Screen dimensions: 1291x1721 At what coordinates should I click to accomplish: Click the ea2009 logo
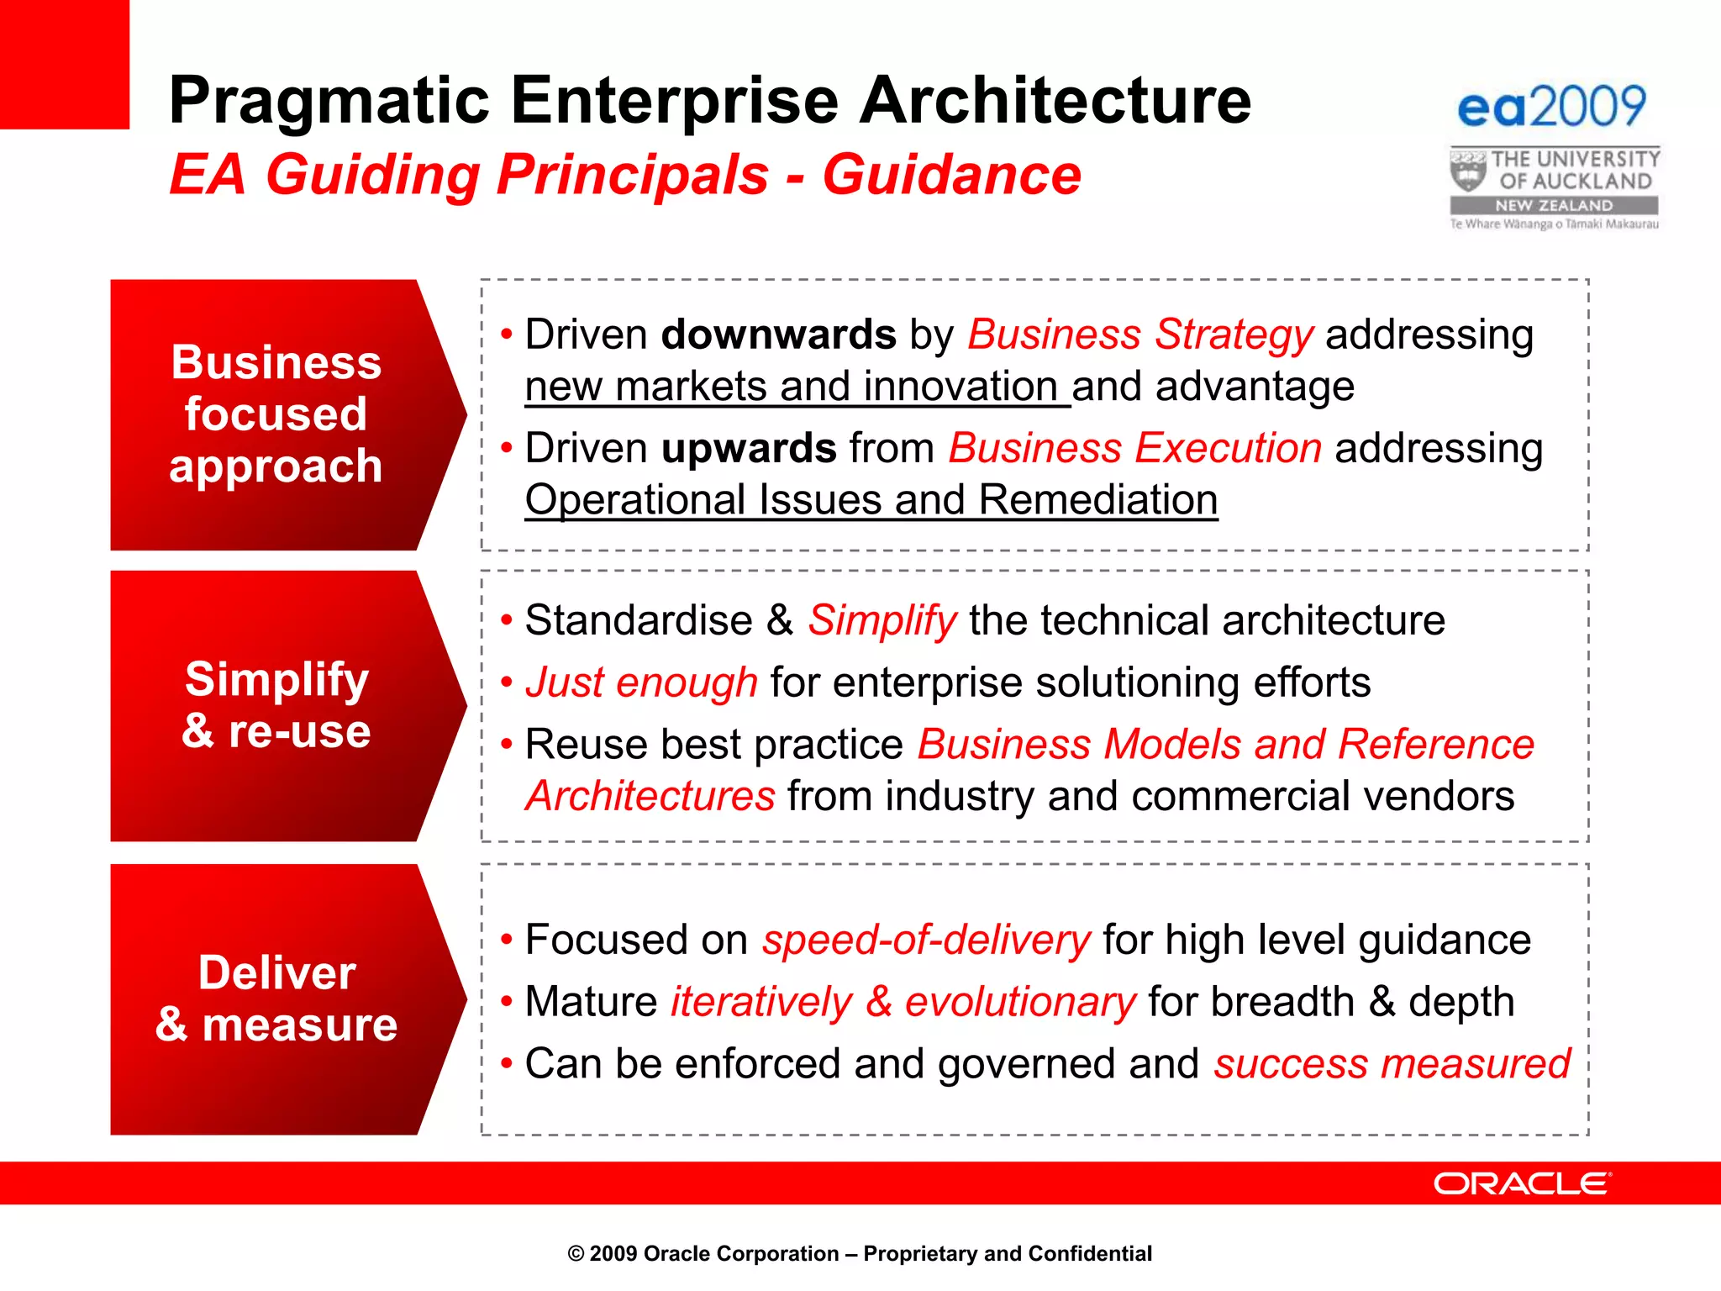[x=1551, y=107]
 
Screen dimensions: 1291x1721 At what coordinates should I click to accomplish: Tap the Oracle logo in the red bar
[x=1522, y=1183]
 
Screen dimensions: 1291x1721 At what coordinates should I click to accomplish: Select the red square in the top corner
[x=64, y=64]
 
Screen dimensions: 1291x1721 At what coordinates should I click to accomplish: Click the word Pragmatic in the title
[x=329, y=101]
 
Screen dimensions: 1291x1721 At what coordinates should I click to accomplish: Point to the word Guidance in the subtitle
[x=951, y=176]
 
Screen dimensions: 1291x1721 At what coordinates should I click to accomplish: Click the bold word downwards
[x=778, y=335]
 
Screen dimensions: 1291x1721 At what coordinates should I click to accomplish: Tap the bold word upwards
[x=748, y=448]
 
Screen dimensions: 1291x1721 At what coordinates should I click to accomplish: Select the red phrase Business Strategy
[x=1139, y=335]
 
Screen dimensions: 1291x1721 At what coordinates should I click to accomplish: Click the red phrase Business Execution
[x=1134, y=448]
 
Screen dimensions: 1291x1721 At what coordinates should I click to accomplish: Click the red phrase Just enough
[x=641, y=682]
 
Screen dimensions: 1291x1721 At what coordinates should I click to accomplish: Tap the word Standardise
[x=639, y=621]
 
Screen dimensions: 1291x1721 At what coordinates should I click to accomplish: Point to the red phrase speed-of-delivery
[x=926, y=941]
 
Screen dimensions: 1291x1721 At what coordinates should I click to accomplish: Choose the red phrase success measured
[x=1392, y=1064]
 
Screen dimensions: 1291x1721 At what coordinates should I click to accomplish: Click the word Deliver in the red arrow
[x=276, y=973]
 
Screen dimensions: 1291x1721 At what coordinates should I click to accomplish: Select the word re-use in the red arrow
[x=299, y=731]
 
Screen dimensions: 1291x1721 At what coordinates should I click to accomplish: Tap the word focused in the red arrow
[x=276, y=414]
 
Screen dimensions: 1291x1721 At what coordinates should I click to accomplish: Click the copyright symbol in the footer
[x=576, y=1254]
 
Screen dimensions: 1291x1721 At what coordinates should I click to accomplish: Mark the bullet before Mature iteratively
[x=506, y=1002]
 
